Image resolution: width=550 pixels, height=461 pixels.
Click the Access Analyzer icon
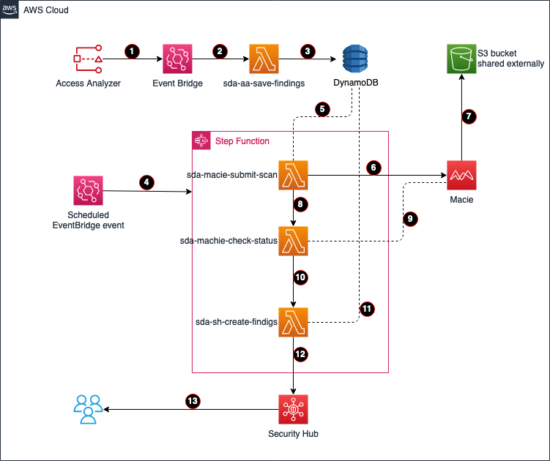(88, 59)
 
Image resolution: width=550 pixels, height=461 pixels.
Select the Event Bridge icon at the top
(177, 59)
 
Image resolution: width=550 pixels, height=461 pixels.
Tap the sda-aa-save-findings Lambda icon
(264, 59)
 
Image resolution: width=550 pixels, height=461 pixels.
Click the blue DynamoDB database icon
(355, 59)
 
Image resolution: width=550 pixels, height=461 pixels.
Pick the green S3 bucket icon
(461, 59)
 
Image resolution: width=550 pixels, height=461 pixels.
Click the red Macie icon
(461, 176)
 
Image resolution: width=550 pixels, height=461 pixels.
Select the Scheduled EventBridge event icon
(88, 190)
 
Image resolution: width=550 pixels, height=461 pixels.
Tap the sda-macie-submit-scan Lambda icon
(293, 176)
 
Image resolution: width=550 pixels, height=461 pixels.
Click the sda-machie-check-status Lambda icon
(293, 241)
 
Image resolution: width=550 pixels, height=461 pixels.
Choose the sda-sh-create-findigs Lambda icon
(293, 322)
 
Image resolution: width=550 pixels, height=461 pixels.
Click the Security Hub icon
(293, 410)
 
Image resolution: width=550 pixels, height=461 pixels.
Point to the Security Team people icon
(88, 409)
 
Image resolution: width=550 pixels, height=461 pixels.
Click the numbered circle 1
(132, 51)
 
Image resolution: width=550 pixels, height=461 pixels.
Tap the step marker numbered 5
(322, 109)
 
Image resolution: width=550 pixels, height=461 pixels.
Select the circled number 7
(469, 116)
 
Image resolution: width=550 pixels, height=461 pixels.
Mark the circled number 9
(410, 219)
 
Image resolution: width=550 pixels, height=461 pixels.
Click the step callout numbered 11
(367, 309)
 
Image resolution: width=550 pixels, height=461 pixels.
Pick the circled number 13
(192, 401)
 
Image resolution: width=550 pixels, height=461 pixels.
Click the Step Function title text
(242, 141)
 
